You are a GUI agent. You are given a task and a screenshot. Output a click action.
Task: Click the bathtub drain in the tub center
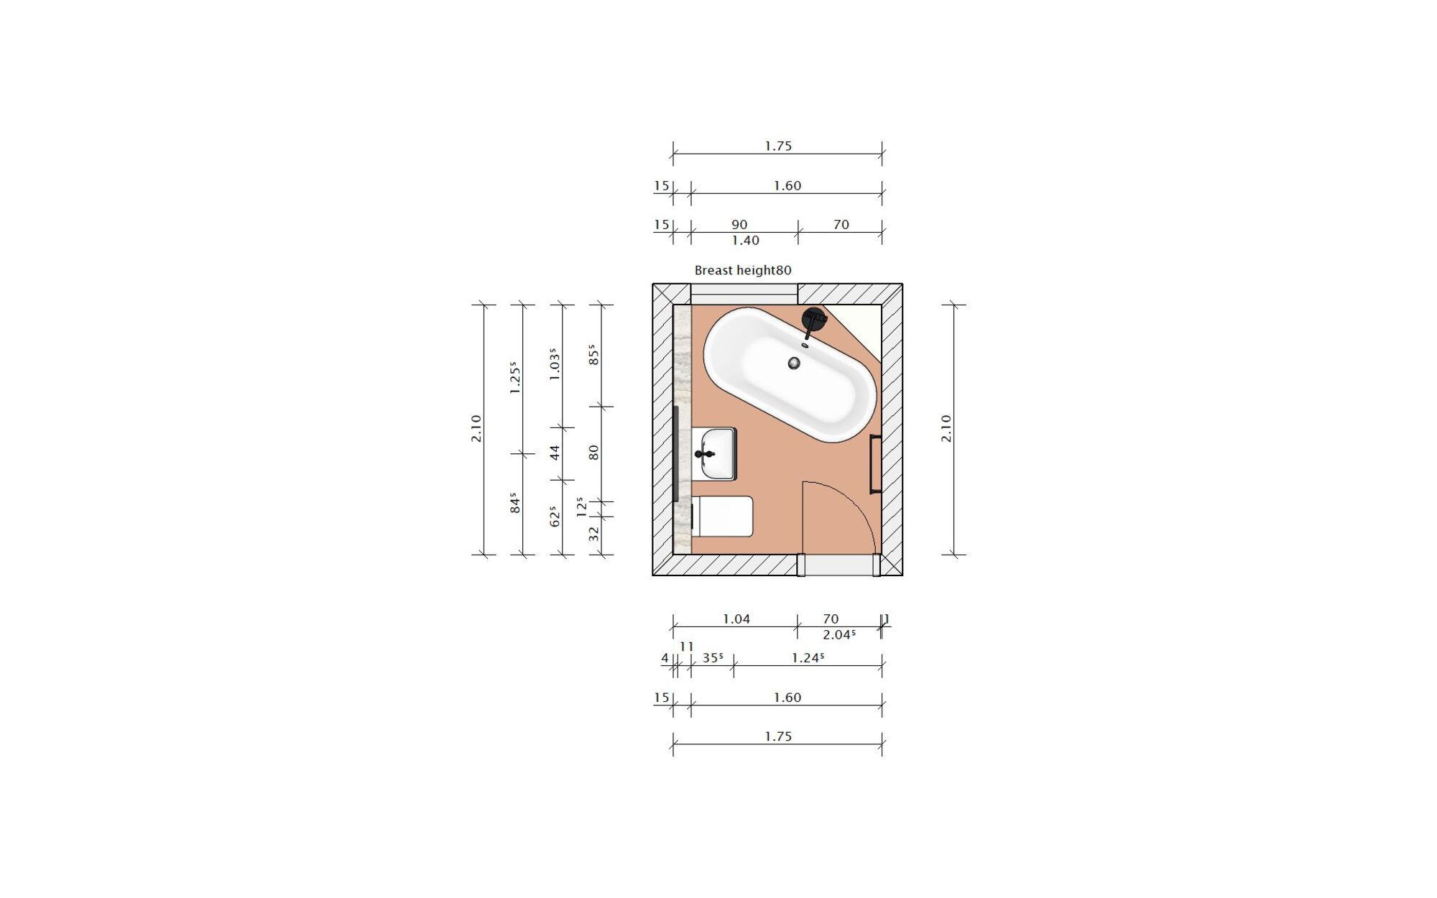[794, 364]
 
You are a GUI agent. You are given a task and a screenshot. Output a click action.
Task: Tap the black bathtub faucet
[813, 320]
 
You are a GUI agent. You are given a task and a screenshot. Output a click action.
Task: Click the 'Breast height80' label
[742, 271]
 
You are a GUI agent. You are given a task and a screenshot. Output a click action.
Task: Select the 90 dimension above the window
[739, 225]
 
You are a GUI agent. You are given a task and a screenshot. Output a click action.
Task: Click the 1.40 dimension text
[745, 241]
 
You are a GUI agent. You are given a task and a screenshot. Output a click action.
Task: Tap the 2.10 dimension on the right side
[946, 429]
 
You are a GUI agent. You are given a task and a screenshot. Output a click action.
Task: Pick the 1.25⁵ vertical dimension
[514, 378]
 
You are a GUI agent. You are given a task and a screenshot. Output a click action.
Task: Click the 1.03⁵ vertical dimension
[554, 365]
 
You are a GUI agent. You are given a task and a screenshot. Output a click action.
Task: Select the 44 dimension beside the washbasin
[555, 453]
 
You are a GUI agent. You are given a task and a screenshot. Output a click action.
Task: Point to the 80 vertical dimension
[593, 453]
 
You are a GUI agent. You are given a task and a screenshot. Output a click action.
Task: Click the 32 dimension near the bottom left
[593, 534]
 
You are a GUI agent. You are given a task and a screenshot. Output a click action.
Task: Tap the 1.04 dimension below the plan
[736, 619]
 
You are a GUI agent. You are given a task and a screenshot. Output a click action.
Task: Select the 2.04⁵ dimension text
[838, 635]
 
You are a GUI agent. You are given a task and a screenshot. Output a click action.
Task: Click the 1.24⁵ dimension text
[807, 658]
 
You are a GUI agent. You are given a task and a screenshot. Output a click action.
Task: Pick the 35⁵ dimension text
[712, 658]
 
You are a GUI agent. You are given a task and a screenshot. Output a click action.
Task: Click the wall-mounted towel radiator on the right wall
[875, 464]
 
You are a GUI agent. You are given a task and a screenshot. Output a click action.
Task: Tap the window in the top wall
[744, 294]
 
